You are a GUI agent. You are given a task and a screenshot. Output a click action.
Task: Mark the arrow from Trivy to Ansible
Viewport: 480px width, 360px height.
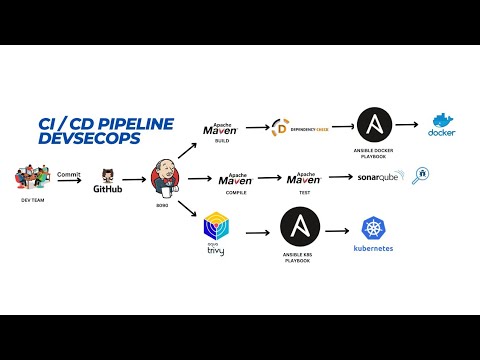tap(255, 232)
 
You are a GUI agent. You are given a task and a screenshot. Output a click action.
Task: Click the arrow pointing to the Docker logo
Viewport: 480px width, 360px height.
tap(407, 127)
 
